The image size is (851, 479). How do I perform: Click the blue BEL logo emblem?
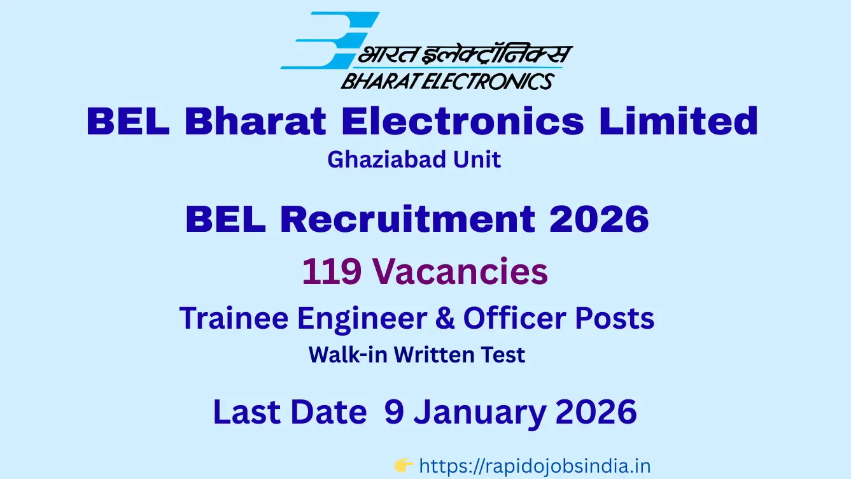(x=330, y=40)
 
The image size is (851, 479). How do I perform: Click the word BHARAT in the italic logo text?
(x=379, y=81)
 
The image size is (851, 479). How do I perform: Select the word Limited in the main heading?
(x=679, y=121)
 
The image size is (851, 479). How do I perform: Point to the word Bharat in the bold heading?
(x=255, y=121)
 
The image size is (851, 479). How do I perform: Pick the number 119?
(x=332, y=271)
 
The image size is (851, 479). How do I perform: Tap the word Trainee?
(x=234, y=318)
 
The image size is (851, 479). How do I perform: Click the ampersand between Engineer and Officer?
(x=445, y=318)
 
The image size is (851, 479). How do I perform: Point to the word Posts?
(x=615, y=318)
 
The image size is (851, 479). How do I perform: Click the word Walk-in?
(x=348, y=355)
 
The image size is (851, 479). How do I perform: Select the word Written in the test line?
(x=433, y=355)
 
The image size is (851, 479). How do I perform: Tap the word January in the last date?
(x=480, y=413)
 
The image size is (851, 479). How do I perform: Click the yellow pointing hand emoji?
(x=404, y=466)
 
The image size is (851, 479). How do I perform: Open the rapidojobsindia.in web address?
(x=535, y=466)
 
